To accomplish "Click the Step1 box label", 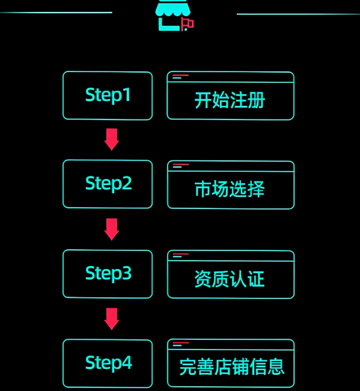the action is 108,95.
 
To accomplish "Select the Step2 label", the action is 108,184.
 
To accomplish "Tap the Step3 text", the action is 108,273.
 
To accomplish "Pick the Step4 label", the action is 108,363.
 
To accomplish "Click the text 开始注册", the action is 230,100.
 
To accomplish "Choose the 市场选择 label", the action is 230,189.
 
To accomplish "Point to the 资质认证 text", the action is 230,279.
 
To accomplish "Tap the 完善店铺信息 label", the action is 232,367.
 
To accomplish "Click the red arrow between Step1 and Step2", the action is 112,139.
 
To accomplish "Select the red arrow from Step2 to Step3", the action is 112,229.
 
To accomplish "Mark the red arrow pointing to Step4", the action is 112,319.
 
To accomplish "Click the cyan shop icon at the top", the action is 172,15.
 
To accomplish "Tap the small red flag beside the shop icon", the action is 188,24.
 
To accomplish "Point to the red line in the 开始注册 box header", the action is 181,75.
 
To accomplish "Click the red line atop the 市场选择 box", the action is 181,165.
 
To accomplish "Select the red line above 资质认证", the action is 181,254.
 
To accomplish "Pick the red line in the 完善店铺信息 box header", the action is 181,342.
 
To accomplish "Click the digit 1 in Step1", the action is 127,94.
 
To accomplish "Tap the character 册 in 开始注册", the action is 256,100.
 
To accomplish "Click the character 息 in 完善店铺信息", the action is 276,367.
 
